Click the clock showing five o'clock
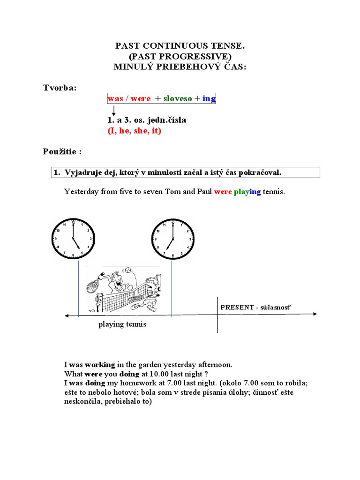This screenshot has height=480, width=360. [x=73, y=239]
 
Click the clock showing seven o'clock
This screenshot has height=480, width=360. [x=172, y=239]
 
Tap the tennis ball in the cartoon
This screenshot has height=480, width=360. [x=127, y=270]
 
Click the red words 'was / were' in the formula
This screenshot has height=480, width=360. [x=129, y=98]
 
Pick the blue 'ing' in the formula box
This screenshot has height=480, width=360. [x=209, y=98]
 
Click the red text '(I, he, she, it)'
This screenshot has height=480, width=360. [x=135, y=131]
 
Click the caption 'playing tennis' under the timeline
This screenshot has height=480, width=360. [x=122, y=324]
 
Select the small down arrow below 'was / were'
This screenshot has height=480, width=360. [x=113, y=111]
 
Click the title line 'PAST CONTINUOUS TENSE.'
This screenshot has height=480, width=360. [x=180, y=46]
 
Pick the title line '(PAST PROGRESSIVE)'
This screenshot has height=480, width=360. [x=180, y=56]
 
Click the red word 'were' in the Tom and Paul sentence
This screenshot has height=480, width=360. [x=223, y=192]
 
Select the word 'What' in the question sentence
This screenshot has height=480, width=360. [x=73, y=374]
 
